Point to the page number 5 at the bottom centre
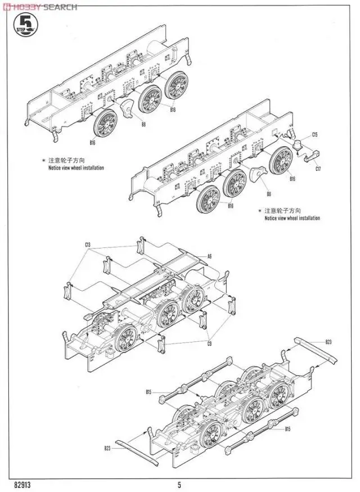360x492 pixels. click(179, 484)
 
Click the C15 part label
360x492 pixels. click(316, 135)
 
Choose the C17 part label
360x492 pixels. click(318, 169)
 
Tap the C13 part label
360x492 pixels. click(88, 245)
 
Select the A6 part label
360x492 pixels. click(209, 256)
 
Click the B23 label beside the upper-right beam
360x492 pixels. click(328, 342)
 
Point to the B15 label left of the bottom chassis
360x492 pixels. click(149, 391)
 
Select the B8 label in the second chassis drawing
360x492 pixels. click(269, 194)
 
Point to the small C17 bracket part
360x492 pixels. click(310, 158)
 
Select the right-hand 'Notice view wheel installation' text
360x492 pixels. click(292, 218)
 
